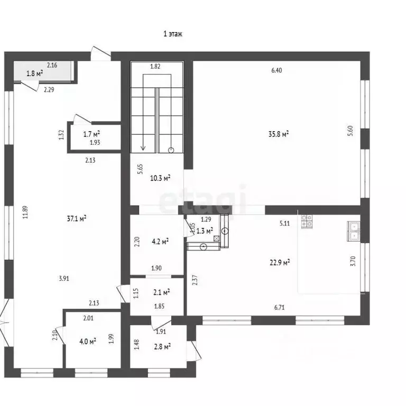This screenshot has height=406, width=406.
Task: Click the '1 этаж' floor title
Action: [x=173, y=34]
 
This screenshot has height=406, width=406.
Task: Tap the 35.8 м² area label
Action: [x=279, y=134]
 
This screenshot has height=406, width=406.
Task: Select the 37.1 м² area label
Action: [x=77, y=219]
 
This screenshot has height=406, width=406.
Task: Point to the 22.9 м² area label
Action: [x=280, y=263]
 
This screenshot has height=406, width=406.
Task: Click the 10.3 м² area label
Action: [x=160, y=178]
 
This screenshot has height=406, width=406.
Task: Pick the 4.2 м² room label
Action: [x=160, y=242]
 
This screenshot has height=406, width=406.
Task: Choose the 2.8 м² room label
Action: [x=162, y=346]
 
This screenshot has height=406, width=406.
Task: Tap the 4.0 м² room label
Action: [x=88, y=341]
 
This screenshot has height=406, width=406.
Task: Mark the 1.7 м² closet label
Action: [x=91, y=134]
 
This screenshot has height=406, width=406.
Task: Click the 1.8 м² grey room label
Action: [x=35, y=73]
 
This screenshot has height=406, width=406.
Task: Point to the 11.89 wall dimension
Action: [x=25, y=213]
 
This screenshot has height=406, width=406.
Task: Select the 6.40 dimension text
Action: [x=276, y=70]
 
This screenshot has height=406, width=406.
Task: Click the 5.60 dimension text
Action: [x=350, y=131]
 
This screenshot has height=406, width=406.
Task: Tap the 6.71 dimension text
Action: [x=279, y=307]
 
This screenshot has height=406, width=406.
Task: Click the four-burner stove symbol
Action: [x=307, y=222]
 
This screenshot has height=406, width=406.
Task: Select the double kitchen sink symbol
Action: [x=353, y=232]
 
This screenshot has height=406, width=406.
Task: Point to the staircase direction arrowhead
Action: [x=143, y=148]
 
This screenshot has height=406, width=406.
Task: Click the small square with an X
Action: [x=216, y=239]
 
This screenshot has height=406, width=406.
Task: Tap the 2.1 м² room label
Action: [x=162, y=292]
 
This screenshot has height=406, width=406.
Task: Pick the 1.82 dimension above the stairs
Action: [x=155, y=66]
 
